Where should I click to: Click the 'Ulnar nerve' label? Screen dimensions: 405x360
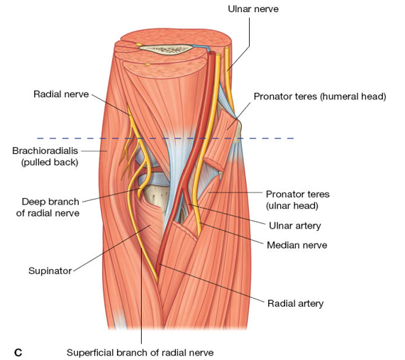253,9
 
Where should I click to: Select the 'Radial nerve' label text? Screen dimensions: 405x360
61,94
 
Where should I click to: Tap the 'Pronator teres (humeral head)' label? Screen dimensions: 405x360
320,97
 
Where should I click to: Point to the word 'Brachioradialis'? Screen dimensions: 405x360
45,151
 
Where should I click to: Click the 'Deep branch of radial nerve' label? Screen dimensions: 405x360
48,207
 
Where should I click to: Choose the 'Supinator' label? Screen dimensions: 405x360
50,271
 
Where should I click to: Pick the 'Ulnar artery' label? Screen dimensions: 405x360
295,226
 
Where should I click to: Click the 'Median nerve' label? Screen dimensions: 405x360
297,245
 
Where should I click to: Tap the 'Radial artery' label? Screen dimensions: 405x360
296,303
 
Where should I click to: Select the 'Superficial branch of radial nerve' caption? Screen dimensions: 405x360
140,352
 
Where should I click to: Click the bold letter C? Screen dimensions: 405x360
18,353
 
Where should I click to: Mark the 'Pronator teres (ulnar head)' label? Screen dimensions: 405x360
298,200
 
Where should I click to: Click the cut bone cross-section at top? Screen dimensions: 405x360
165,49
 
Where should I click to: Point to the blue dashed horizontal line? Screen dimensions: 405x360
165,138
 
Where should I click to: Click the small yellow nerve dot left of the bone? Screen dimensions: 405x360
139,45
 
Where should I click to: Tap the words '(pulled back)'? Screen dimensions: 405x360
50,163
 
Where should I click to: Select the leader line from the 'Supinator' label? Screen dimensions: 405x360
111,249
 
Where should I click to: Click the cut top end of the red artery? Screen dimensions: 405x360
211,53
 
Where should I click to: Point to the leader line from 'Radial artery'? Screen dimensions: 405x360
212,283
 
